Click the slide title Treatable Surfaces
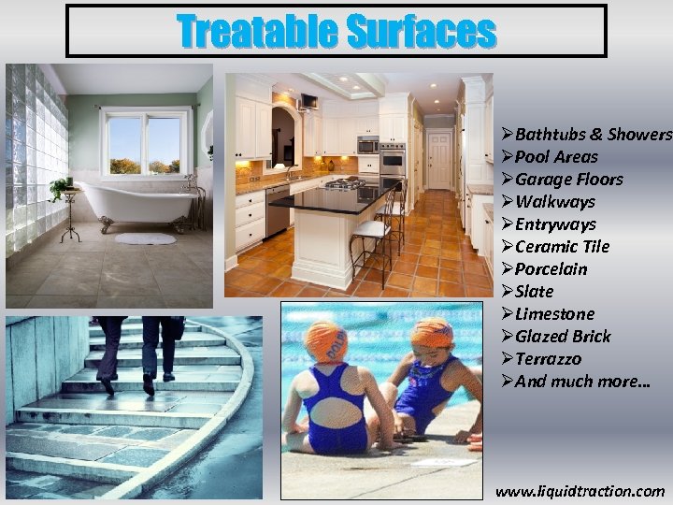336,31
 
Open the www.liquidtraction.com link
580,491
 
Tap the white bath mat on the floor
145,238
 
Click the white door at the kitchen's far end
439,159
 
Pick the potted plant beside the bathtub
61,187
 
